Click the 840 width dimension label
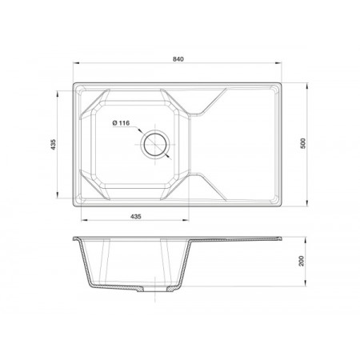[178, 59]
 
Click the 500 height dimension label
[303, 143]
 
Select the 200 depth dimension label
[302, 261]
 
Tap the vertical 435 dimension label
[54, 144]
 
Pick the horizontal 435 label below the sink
[136, 217]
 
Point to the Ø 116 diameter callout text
[121, 123]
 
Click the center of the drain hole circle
[155, 145]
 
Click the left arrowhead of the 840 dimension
[77, 63]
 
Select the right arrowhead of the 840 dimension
[278, 63]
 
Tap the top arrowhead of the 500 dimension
[307, 86]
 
